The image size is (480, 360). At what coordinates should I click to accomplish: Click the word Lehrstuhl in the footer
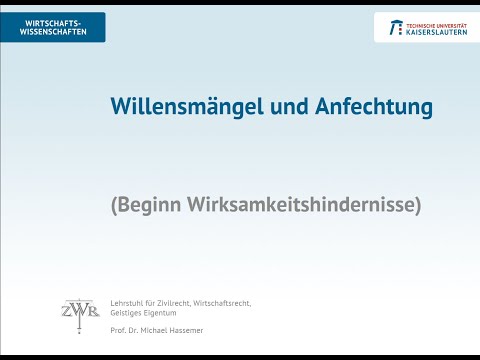point(128,302)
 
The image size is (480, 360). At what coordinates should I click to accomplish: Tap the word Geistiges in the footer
point(129,312)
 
